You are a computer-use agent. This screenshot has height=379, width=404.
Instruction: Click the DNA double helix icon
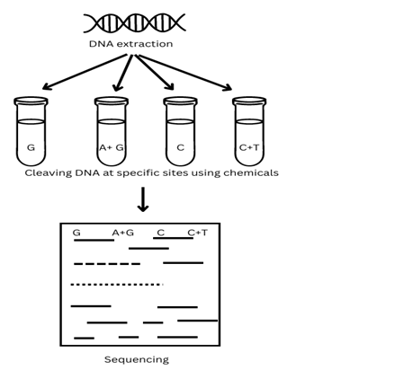coord(134,22)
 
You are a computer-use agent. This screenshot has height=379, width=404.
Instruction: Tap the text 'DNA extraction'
coord(130,44)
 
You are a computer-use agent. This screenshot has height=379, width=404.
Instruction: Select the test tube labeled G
coord(31,131)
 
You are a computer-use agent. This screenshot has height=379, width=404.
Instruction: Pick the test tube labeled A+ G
coord(112,131)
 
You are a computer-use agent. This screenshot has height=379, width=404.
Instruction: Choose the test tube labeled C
coord(180,131)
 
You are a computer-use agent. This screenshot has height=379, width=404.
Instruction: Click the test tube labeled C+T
coord(249,131)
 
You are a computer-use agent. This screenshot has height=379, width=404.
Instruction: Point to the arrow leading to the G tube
coord(85,72)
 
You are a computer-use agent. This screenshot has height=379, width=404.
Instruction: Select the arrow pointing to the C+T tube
coord(185,72)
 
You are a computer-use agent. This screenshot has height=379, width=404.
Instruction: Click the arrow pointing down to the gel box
coord(143,199)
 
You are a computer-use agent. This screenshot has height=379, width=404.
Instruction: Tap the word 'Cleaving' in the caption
coord(49,173)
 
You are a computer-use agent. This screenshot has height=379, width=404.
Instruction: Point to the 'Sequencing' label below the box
coord(137,359)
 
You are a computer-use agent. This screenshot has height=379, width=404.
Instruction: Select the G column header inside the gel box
coord(76,233)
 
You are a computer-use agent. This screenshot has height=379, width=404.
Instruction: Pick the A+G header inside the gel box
coord(123,233)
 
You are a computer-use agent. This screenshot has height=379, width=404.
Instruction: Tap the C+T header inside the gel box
coord(197,233)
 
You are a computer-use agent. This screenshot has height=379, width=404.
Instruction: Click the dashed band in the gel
coord(107,264)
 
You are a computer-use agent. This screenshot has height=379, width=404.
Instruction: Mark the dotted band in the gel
coord(117,285)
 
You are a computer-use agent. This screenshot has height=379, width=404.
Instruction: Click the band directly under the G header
coord(94,240)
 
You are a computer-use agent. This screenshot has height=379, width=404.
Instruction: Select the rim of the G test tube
coord(31,101)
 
